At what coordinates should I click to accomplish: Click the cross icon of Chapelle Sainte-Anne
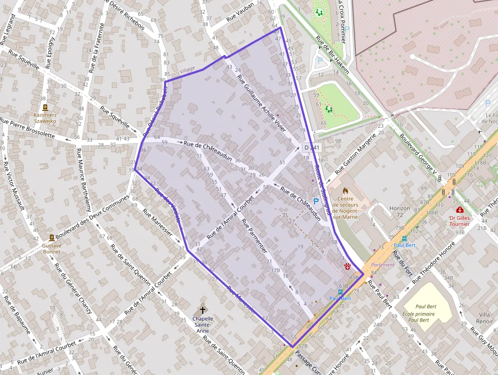[x=203, y=309]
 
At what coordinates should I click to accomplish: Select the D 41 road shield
[x=312, y=148]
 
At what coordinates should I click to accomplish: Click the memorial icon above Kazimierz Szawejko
[x=45, y=108]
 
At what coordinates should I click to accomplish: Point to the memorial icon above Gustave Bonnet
[x=52, y=238]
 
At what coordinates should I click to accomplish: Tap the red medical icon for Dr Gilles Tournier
[x=460, y=210]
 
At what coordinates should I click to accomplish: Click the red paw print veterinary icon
[x=348, y=266]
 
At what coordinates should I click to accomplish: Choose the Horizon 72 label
[x=399, y=212]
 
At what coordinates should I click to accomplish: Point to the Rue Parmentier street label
[x=255, y=236]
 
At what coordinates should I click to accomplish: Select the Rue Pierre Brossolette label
[x=27, y=128]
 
